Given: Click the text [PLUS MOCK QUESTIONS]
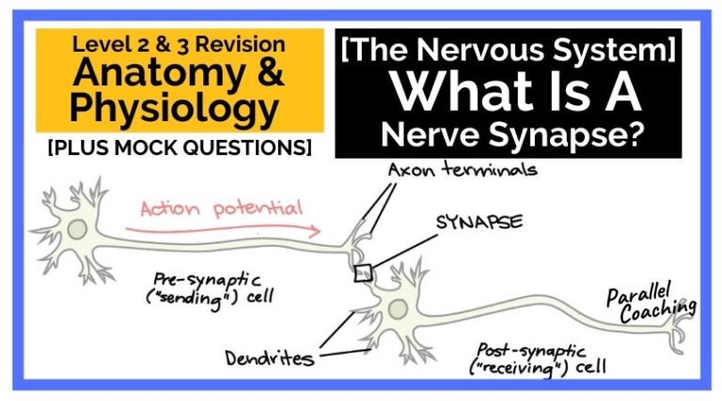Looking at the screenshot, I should coord(180,147).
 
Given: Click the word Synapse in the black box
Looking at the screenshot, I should coord(564,131).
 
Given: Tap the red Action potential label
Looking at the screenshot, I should coord(222,208).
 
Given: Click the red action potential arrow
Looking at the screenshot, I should coord(226,227).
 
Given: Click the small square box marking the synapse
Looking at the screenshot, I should coord(364,272).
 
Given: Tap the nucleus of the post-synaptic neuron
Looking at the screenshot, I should coord(398,308).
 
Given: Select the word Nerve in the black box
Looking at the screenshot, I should coord(422,131).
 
